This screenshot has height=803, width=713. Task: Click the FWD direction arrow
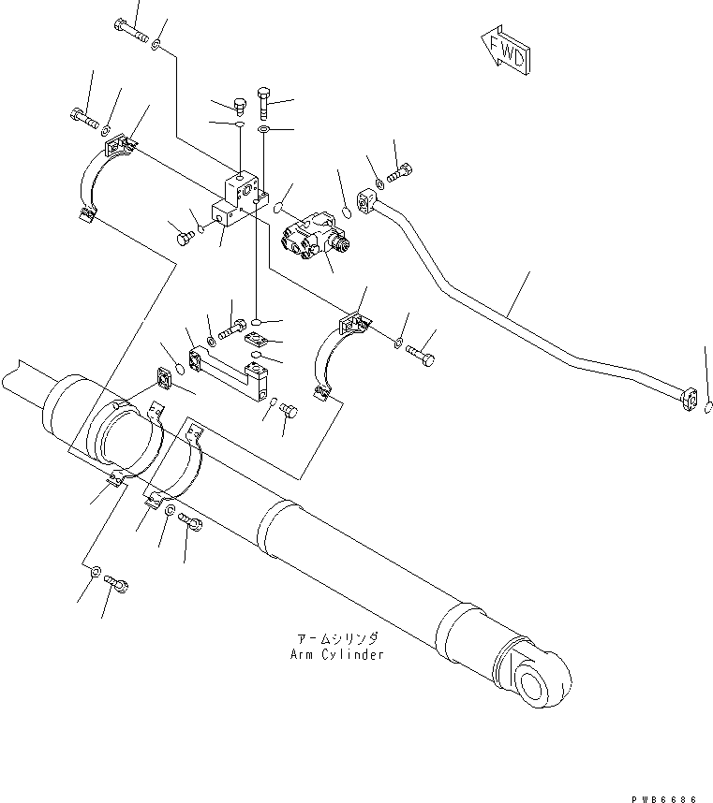pos(504,53)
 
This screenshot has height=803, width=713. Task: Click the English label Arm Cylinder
pos(336,654)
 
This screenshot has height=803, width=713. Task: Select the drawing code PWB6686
pos(665,797)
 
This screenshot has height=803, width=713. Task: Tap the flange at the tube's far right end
pos(691,400)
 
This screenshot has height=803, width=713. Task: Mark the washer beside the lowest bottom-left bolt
pos(97,570)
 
